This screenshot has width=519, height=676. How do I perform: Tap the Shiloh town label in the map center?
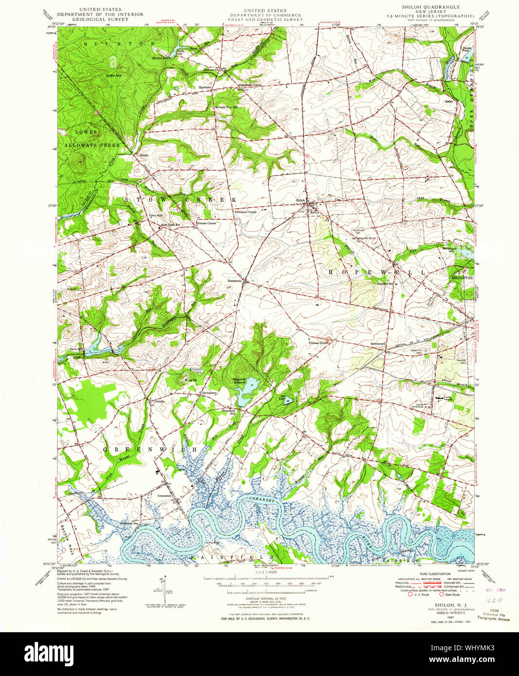point(300,200)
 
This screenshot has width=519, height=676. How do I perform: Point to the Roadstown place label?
point(235,281)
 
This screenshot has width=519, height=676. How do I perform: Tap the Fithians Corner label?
point(319,343)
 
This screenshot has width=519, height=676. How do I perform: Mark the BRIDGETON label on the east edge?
point(462,277)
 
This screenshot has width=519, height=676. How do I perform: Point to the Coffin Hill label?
point(113,76)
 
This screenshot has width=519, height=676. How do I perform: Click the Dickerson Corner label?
point(246,212)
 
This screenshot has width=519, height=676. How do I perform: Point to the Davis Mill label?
point(76,349)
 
